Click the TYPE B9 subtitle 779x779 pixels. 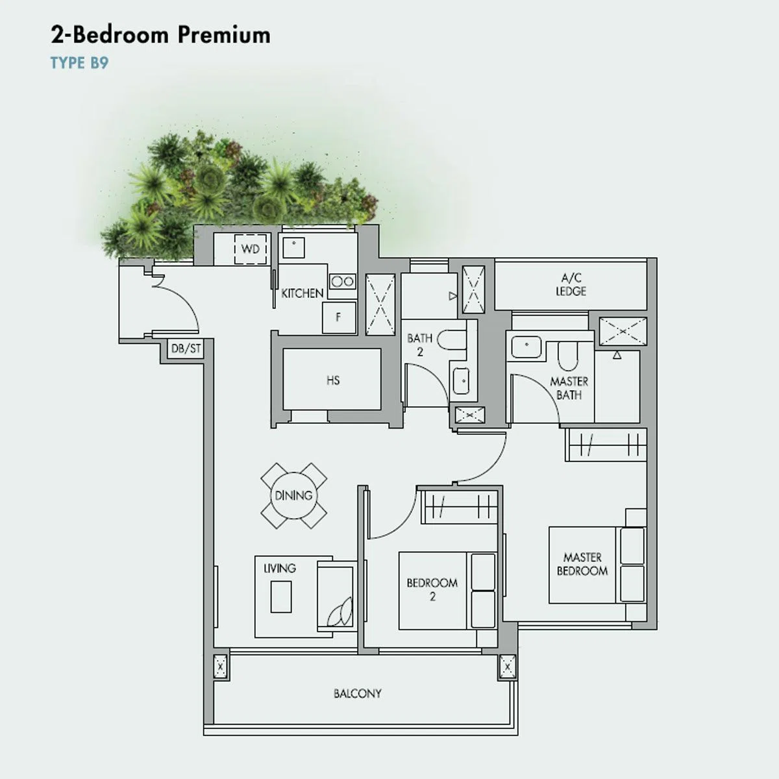tap(80, 64)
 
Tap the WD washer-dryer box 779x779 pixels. tap(250, 249)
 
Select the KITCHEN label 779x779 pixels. tap(303, 293)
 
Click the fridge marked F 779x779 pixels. tap(339, 317)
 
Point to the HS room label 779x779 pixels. tap(333, 380)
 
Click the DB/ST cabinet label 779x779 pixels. tap(186, 349)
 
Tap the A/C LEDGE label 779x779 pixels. tap(571, 284)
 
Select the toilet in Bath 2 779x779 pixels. tap(452, 340)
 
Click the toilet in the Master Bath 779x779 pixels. tap(568, 356)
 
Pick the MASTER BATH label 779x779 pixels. tap(569, 388)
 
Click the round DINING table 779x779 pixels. tap(294, 495)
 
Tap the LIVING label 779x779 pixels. tap(280, 568)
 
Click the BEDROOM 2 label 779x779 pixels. tap(432, 589)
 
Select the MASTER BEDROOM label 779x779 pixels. tap(582, 564)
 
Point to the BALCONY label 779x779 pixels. tap(357, 694)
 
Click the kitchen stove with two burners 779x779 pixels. tap(343, 281)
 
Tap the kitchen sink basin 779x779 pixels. tap(293, 247)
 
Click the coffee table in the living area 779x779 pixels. tap(281, 597)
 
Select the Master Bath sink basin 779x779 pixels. tap(526, 347)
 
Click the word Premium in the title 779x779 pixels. tap(224, 35)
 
